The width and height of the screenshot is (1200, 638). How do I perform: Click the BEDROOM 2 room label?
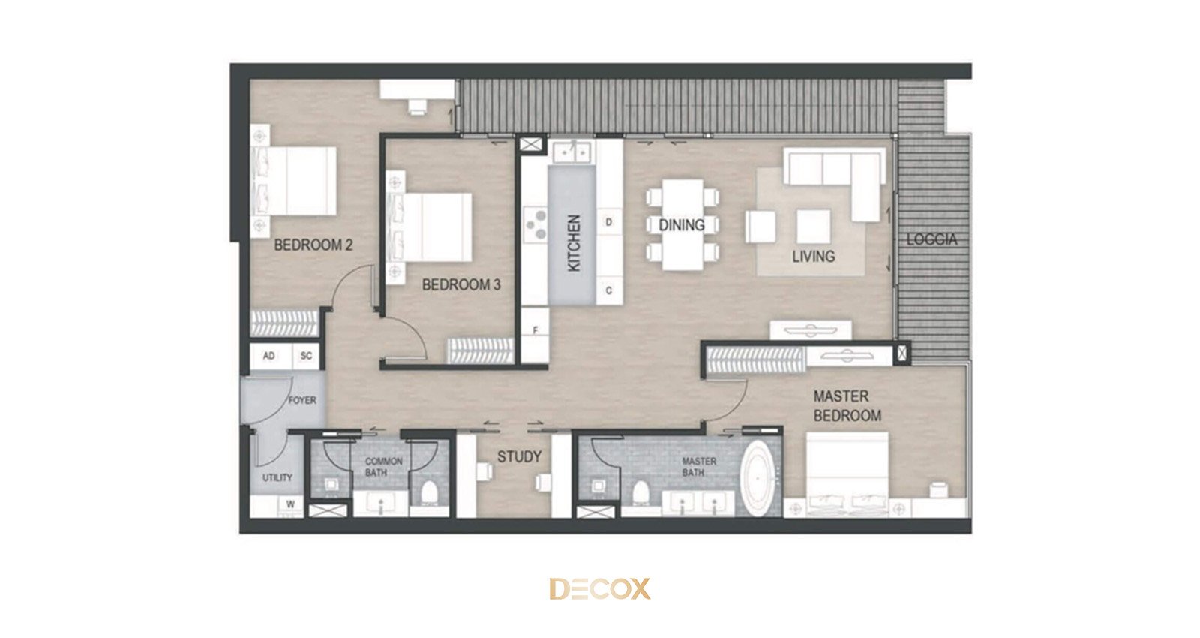coord(313,245)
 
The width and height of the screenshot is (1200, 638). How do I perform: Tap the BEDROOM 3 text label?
coord(461,284)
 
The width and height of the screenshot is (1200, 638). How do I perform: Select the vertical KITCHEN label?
coord(574,243)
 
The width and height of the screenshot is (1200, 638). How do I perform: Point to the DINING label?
coord(682,225)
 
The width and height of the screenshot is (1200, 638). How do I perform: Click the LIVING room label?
coord(813,256)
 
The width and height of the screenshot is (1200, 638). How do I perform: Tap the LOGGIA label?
coord(931,239)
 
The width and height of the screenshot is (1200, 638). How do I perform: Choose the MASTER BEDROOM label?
coord(847,406)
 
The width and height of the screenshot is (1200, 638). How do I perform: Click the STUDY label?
coord(519,457)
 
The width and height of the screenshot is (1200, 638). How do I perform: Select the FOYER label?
coord(302,400)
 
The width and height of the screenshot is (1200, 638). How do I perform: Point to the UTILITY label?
coord(277,477)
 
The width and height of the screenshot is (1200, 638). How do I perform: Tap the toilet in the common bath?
coord(429,493)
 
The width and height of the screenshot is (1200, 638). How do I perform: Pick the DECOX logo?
coord(600,588)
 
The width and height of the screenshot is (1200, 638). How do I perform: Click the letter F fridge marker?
coord(535,330)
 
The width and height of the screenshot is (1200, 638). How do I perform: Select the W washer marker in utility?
coord(290,504)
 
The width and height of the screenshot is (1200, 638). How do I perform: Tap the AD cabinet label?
coord(269,356)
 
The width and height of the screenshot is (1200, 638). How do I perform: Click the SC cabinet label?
coord(306,356)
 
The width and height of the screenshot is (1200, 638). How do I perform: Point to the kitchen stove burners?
coord(535,224)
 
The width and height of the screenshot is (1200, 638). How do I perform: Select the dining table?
coord(682,224)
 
